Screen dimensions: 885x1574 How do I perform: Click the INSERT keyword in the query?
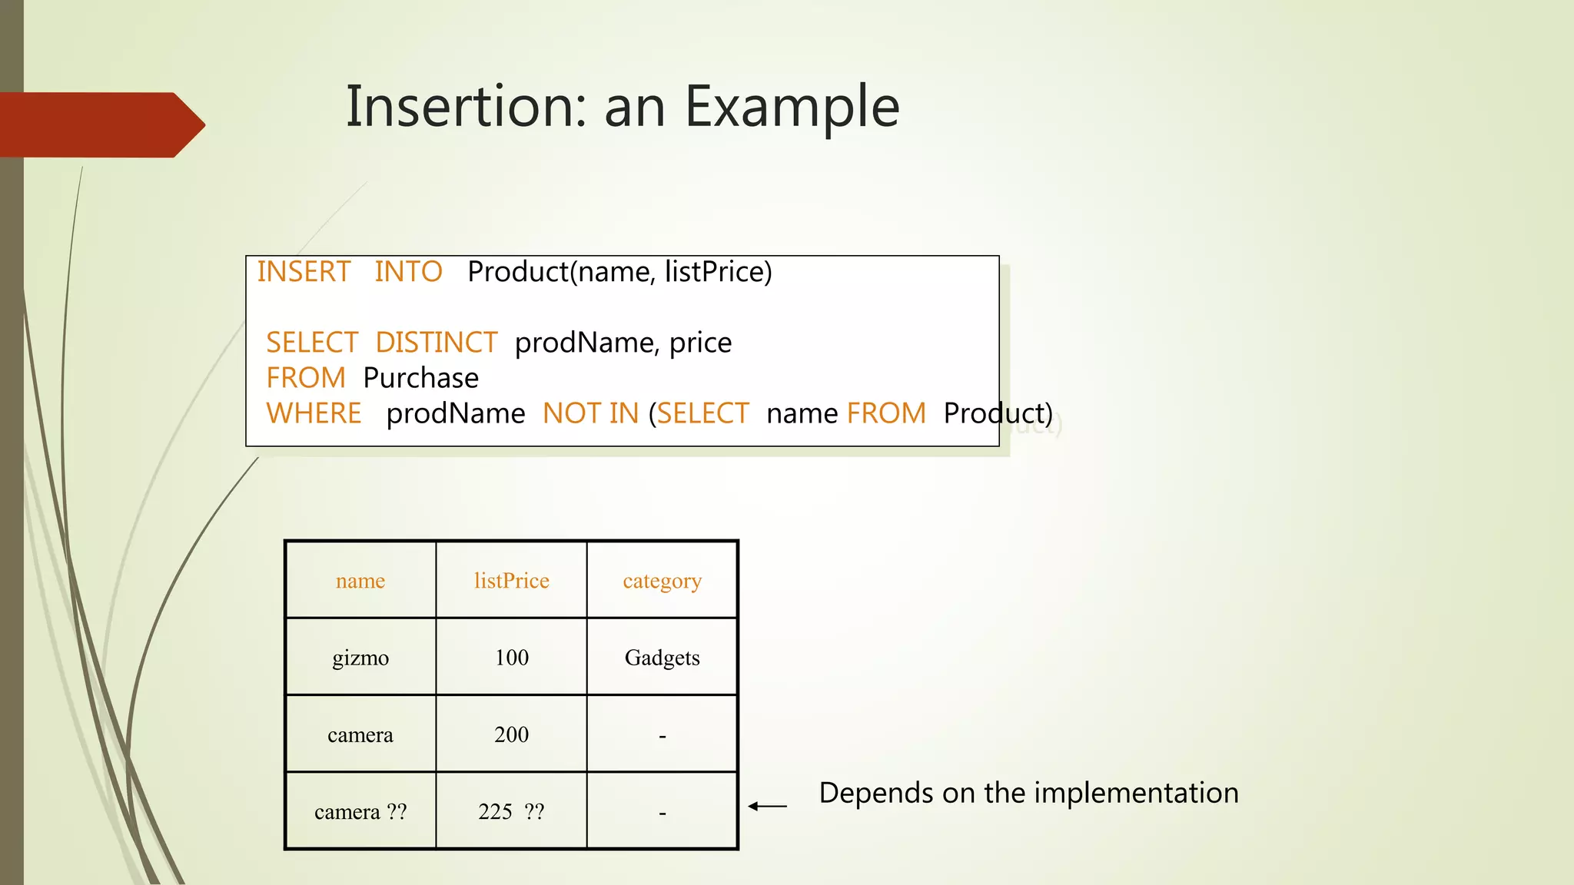coord(304,272)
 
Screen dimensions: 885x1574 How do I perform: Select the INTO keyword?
coord(408,272)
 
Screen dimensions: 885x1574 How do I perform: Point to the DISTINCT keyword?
coord(437,343)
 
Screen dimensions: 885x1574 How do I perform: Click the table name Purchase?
coord(420,378)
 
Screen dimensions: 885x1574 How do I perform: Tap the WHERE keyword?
coord(314,413)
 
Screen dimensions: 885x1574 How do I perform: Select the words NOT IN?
coord(590,413)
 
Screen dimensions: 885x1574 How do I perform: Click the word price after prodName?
coord(700,343)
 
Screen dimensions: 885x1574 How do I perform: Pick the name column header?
coord(360,581)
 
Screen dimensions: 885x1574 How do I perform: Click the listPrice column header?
coord(511,581)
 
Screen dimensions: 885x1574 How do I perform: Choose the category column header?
coord(662,581)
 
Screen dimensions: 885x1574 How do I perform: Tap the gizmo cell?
coord(360,658)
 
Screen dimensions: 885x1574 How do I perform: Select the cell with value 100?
coord(511,658)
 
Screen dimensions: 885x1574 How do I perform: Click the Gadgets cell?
coord(662,658)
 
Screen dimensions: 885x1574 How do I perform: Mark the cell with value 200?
coord(511,734)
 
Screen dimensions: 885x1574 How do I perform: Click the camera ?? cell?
coord(360,811)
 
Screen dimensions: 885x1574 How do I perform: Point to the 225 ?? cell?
coord(511,811)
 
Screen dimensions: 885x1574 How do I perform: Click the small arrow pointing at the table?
coord(767,806)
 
